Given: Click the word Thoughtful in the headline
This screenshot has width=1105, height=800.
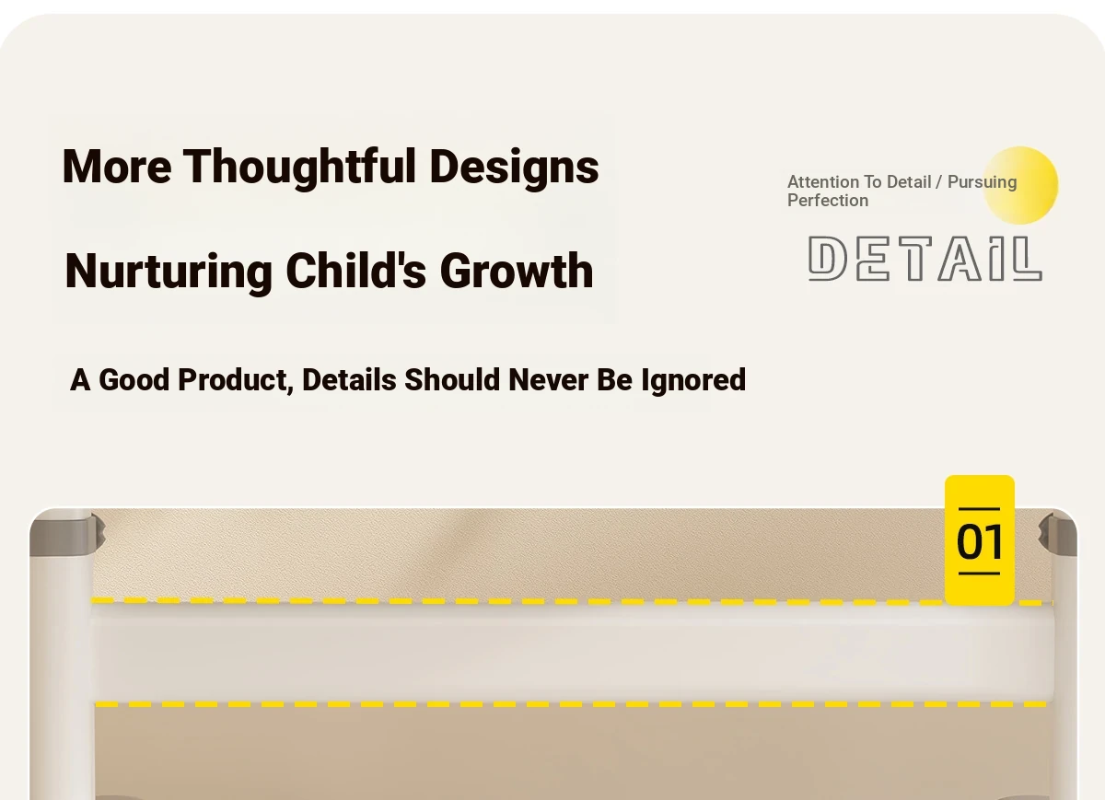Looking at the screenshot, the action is click(299, 168).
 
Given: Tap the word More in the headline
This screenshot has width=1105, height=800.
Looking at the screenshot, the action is click(117, 167).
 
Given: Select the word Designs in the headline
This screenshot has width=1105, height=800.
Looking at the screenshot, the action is click(514, 168).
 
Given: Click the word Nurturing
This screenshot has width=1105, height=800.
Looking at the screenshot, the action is click(169, 272).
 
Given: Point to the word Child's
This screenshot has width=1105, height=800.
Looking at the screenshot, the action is click(355, 271).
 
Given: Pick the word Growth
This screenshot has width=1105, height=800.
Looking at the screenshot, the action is click(517, 271).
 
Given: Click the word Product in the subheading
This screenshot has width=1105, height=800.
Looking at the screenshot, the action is click(236, 380).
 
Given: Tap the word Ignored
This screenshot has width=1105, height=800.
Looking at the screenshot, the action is click(693, 381).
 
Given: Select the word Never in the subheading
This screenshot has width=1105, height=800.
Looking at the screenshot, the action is click(548, 380).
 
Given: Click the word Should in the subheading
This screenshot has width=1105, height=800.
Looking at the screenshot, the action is click(452, 380).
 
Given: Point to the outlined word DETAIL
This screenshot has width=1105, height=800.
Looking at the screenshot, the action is click(925, 259).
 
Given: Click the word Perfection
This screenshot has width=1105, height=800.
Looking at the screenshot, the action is click(828, 201).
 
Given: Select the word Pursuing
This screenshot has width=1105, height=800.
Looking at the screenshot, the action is click(983, 183).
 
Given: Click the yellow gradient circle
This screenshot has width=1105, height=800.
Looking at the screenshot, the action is click(1020, 185).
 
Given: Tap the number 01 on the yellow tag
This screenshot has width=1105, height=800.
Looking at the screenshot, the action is click(979, 541).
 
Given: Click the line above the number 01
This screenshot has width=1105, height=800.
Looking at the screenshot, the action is click(979, 508).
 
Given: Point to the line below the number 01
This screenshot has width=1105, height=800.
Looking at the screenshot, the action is click(979, 574).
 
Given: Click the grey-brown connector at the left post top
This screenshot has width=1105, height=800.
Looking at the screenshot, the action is click(67, 535).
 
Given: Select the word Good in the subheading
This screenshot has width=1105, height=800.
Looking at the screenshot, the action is click(134, 380).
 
